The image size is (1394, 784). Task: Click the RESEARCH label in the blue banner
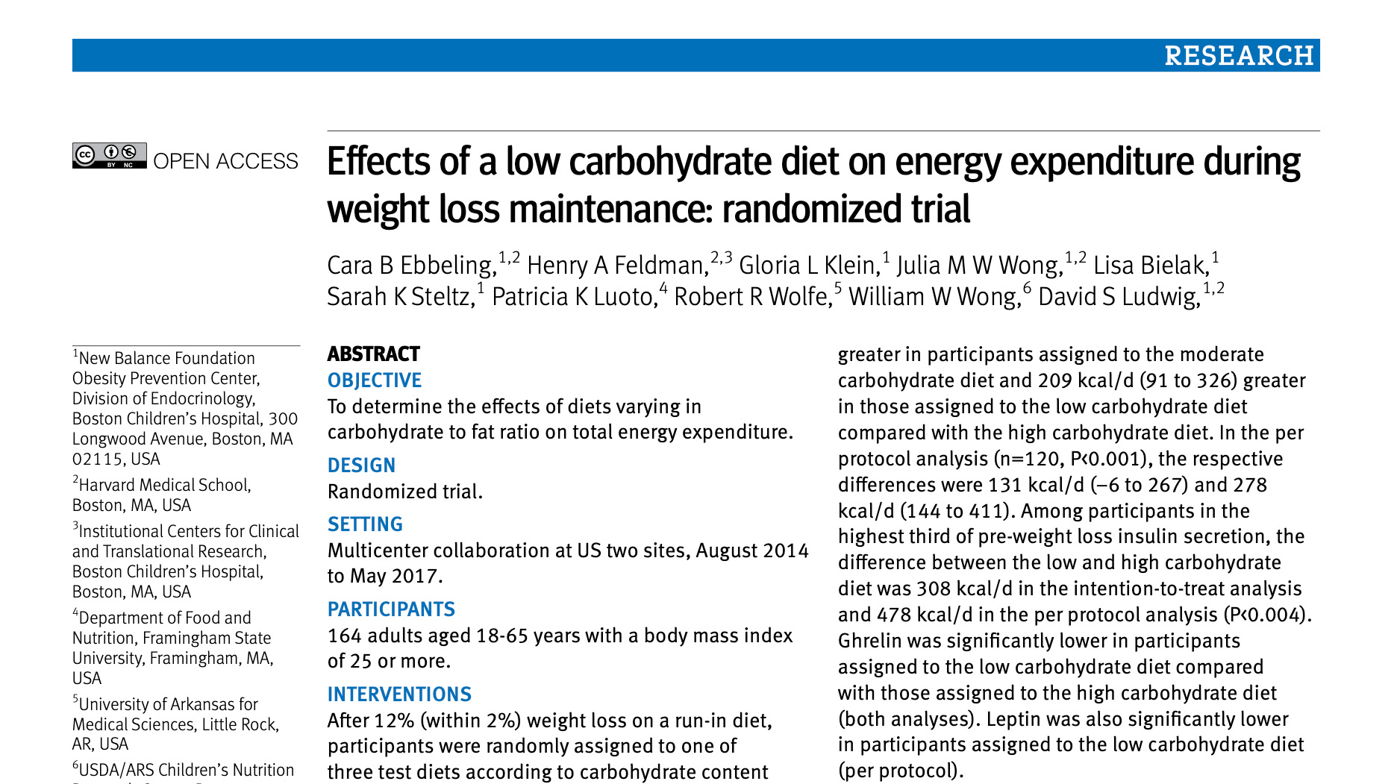point(1239,56)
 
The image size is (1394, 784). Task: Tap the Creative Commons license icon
point(109,155)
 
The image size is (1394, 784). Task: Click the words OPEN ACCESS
point(225,161)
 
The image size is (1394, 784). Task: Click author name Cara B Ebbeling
point(411,266)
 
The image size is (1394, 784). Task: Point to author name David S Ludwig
point(1119,297)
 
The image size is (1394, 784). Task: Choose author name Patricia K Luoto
point(574,297)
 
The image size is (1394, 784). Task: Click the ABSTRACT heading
point(373,354)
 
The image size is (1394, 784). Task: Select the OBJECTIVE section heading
point(375,380)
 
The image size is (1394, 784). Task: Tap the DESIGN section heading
point(361,465)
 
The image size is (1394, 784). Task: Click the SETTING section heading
point(365,524)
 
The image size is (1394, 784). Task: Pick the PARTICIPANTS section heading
point(391,609)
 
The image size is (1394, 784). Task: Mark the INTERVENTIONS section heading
point(399,694)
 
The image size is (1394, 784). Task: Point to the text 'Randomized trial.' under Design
point(405,492)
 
